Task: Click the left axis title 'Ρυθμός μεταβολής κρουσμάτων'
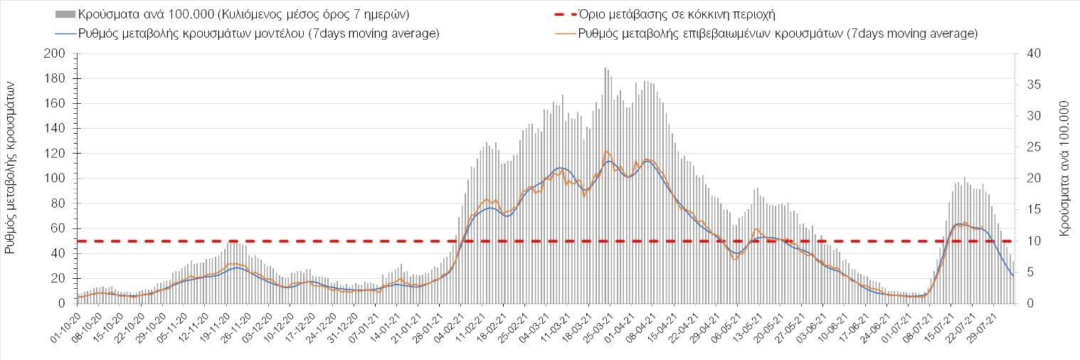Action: [x=11, y=168]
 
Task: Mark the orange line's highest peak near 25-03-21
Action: [x=605, y=151]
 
